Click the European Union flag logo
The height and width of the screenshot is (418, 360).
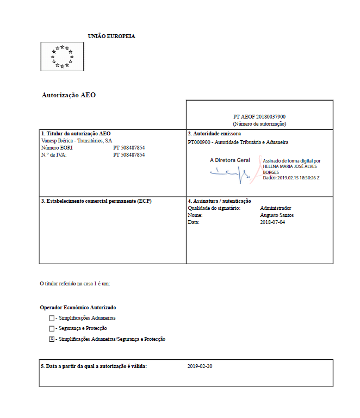pyautogui.click(x=62, y=57)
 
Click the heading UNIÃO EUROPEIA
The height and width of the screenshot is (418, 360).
pyautogui.click(x=111, y=36)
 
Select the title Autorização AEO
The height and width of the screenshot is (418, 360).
pyautogui.click(x=69, y=95)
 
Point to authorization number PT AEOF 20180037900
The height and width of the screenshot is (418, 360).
pyautogui.click(x=259, y=117)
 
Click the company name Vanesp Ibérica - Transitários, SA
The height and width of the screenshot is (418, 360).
pyautogui.click(x=77, y=140)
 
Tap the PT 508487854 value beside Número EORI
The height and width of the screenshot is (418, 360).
pyautogui.click(x=129, y=147)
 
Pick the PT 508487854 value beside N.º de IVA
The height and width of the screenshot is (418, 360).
pyautogui.click(x=129, y=154)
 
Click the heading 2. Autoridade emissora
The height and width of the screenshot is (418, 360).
pyautogui.click(x=214, y=133)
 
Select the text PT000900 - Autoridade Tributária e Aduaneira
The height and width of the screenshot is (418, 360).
pyautogui.click(x=238, y=142)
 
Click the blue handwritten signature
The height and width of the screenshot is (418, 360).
pyautogui.click(x=230, y=173)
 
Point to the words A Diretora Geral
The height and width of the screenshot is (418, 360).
pyautogui.click(x=230, y=160)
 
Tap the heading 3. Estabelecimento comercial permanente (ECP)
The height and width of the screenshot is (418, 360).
pyautogui.click(x=96, y=201)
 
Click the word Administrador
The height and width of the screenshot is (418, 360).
pyautogui.click(x=276, y=208)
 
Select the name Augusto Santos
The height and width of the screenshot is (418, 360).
pyautogui.click(x=277, y=215)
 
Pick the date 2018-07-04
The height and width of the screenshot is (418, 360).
pyautogui.click(x=272, y=222)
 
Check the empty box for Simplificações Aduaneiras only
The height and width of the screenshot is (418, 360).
pyautogui.click(x=52, y=318)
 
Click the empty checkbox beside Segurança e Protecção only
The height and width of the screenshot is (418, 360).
pyautogui.click(x=52, y=329)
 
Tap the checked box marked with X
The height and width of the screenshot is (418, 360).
pyautogui.click(x=52, y=339)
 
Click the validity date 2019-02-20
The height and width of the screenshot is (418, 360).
pyautogui.click(x=200, y=366)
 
